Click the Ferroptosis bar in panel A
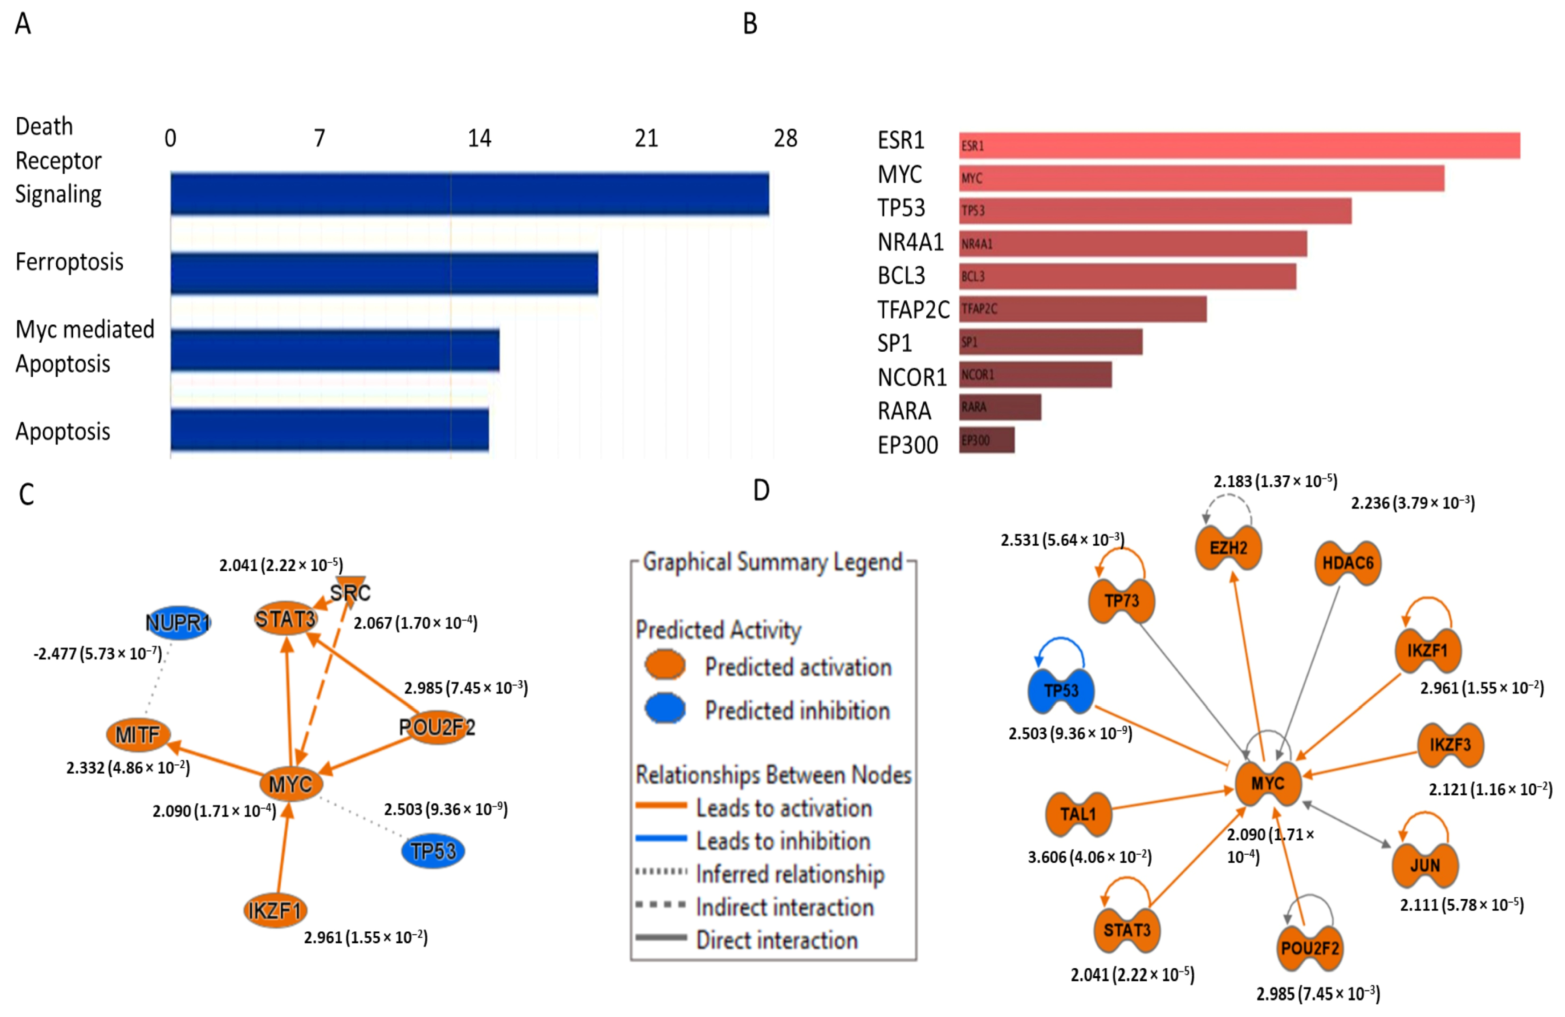384,273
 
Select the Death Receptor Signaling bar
469,194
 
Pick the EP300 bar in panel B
986,440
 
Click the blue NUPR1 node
178,622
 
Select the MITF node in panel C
138,734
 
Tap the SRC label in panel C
350,593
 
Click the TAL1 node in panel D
1078,814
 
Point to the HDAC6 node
1348,563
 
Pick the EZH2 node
1228,548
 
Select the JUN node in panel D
1425,865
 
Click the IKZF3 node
1450,745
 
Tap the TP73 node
1122,601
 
